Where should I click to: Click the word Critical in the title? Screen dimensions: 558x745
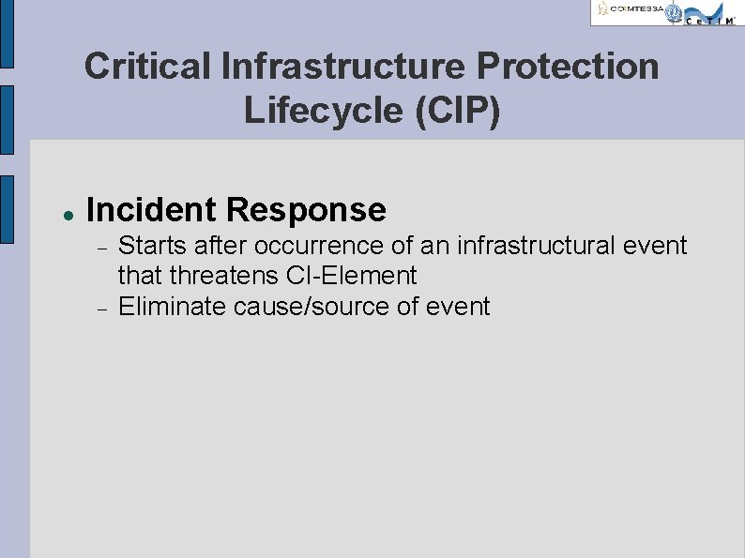(146, 67)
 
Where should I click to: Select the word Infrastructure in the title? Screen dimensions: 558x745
(343, 67)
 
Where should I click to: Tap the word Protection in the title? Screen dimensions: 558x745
(572, 67)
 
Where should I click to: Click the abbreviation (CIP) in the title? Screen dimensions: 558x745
(458, 110)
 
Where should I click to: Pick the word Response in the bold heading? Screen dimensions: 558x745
(313, 209)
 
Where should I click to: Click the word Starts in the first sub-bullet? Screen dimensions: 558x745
(150, 246)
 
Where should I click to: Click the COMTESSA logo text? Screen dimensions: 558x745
(631, 10)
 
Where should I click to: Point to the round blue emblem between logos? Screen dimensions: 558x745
(673, 12)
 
